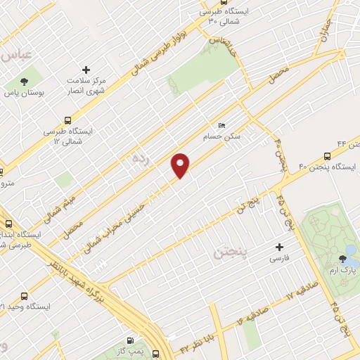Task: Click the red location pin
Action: pyautogui.click(x=181, y=165)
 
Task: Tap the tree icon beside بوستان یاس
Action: pyautogui.click(x=25, y=81)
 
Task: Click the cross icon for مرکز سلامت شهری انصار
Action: pyautogui.click(x=86, y=70)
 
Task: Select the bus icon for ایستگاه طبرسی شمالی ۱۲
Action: pyautogui.click(x=67, y=120)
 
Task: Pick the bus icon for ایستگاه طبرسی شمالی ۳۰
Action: pyautogui.click(x=209, y=20)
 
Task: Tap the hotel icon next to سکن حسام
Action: pyautogui.click(x=223, y=126)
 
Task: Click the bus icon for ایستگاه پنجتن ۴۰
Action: pyautogui.click(x=328, y=156)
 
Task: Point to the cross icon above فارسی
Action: pyautogui.click(x=280, y=247)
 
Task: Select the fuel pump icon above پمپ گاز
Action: pyautogui.click(x=128, y=340)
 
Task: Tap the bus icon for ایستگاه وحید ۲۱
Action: pyautogui.click(x=25, y=296)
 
